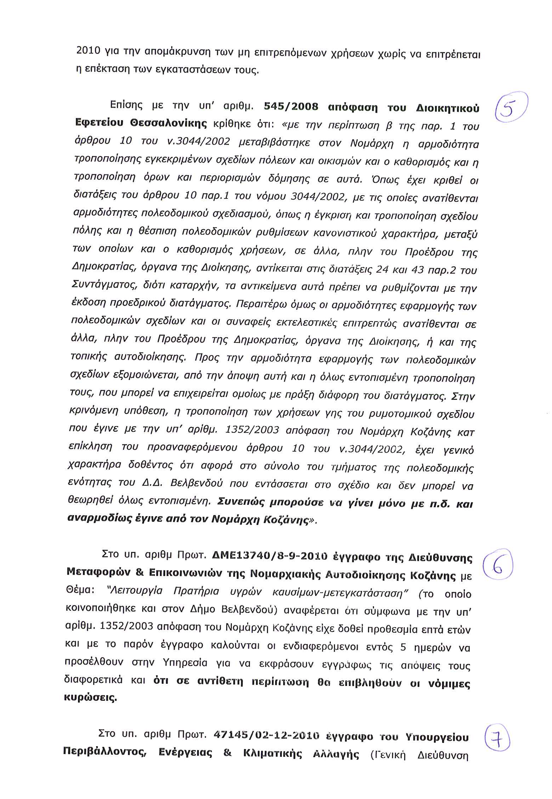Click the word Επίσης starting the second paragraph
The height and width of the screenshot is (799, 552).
point(127,105)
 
